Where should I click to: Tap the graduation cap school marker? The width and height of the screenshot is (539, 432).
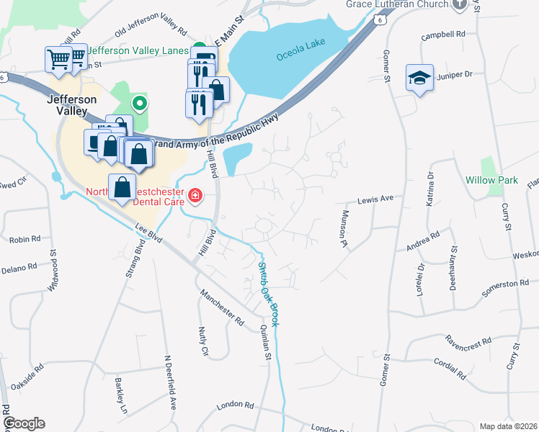click(419, 77)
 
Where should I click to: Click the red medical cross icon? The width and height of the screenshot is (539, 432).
click(195, 196)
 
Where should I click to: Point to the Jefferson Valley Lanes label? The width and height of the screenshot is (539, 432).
click(139, 51)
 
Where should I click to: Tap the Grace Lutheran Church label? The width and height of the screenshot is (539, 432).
click(396, 4)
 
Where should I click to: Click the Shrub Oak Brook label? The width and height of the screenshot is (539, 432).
click(268, 294)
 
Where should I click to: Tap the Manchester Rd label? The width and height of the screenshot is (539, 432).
click(223, 306)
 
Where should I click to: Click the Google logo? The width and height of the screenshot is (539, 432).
click(24, 423)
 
